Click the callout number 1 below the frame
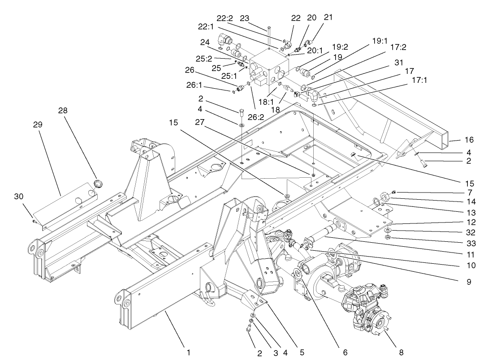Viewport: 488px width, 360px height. [189, 352]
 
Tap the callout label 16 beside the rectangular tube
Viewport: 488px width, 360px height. [469, 140]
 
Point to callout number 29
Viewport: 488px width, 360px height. [38, 124]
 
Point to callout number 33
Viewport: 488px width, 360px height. [469, 241]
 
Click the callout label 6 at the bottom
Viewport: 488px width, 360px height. [345, 352]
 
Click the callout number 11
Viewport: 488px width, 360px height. [469, 252]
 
